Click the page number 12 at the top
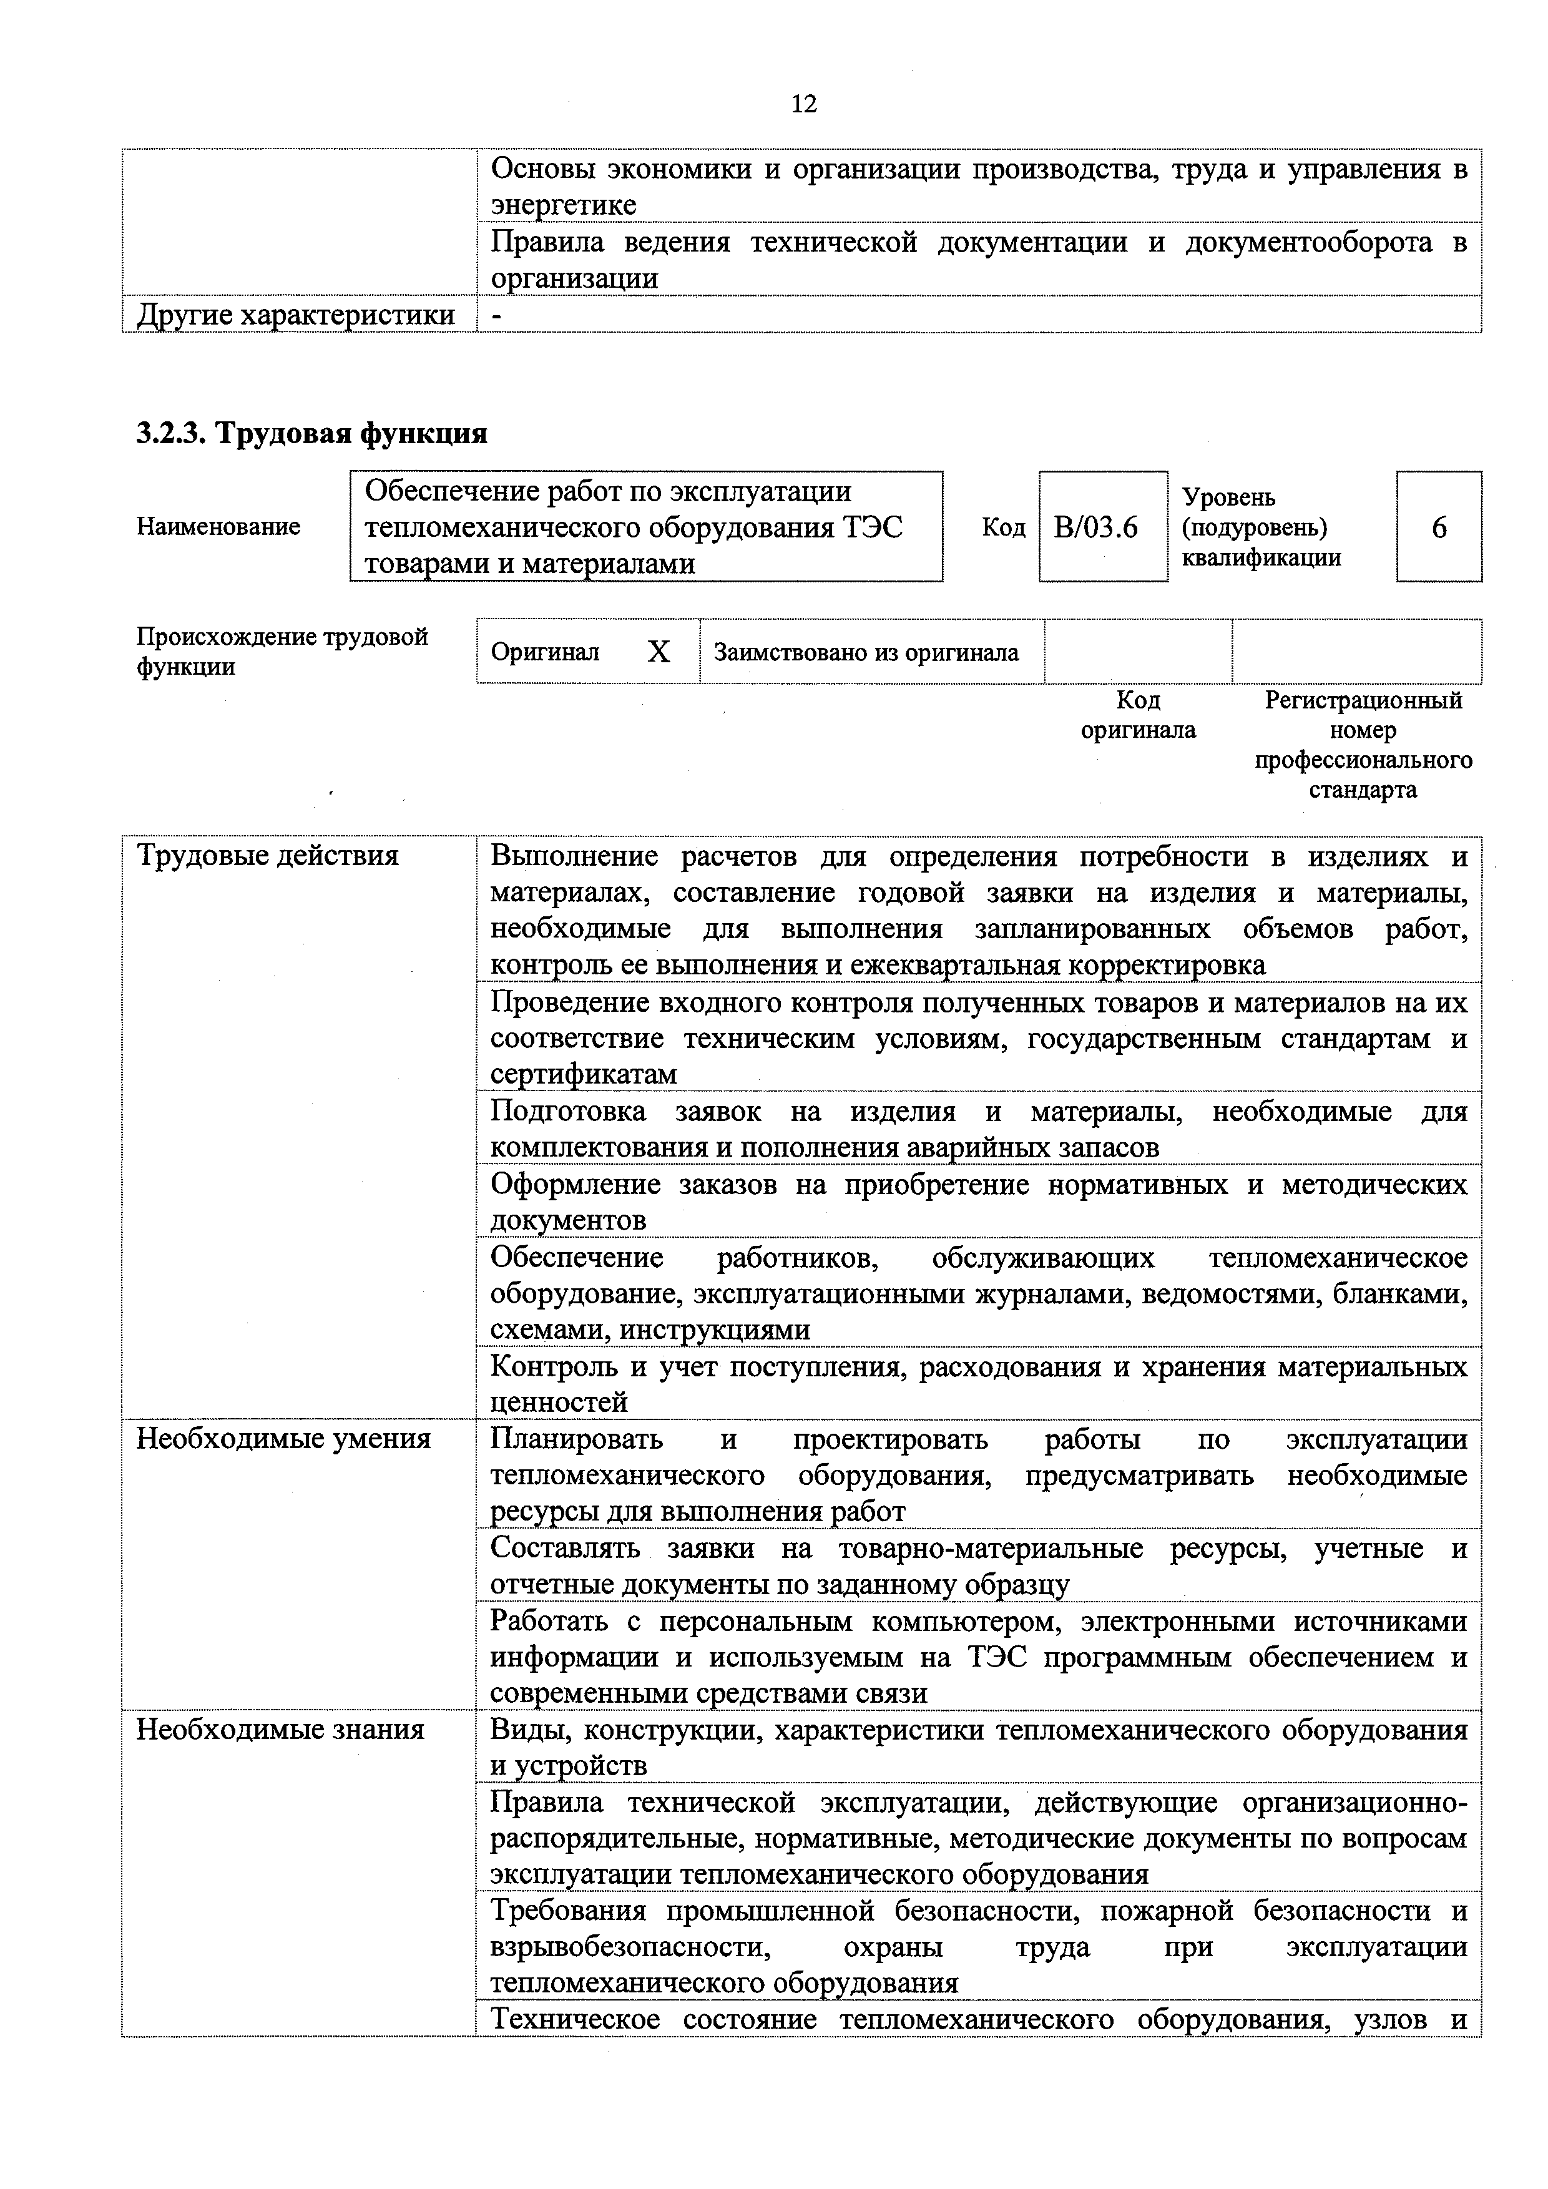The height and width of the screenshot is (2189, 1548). pyautogui.click(x=803, y=103)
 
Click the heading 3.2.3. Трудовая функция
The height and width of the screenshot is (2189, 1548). pyautogui.click(x=311, y=434)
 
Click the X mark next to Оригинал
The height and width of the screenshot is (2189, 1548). pyautogui.click(x=659, y=652)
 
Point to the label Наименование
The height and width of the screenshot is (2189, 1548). pyautogui.click(x=218, y=526)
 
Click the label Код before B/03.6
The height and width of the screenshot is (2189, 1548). pyautogui.click(x=1003, y=527)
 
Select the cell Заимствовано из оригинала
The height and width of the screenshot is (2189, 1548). pyautogui.click(x=866, y=652)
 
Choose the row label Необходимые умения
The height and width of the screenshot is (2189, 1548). pyautogui.click(x=283, y=1439)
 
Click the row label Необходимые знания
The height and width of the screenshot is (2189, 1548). pyautogui.click(x=280, y=1728)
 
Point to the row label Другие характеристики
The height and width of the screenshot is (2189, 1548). pyautogui.click(x=295, y=315)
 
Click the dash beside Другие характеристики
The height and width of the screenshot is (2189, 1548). pyautogui.click(x=496, y=315)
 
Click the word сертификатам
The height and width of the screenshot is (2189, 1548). pyautogui.click(x=584, y=1074)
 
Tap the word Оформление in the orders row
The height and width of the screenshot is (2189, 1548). pyautogui.click(x=575, y=1184)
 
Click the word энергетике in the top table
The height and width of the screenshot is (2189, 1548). pyautogui.click(x=564, y=205)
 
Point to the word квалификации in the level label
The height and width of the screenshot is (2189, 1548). pyautogui.click(x=1261, y=558)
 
